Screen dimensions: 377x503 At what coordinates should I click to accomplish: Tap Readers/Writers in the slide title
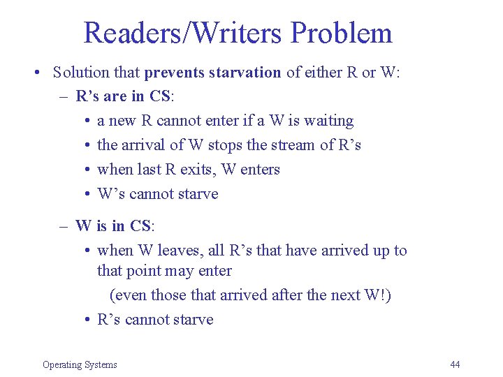[184, 33]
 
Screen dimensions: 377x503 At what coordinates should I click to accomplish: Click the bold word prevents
[177, 73]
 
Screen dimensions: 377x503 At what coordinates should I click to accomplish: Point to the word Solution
[81, 73]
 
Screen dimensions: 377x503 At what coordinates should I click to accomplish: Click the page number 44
[455, 364]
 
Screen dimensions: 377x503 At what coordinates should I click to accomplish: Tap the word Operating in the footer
[61, 364]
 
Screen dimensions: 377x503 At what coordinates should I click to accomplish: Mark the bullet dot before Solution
[35, 73]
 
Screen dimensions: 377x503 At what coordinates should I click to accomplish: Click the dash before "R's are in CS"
[63, 96]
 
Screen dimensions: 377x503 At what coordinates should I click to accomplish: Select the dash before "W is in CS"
[63, 226]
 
